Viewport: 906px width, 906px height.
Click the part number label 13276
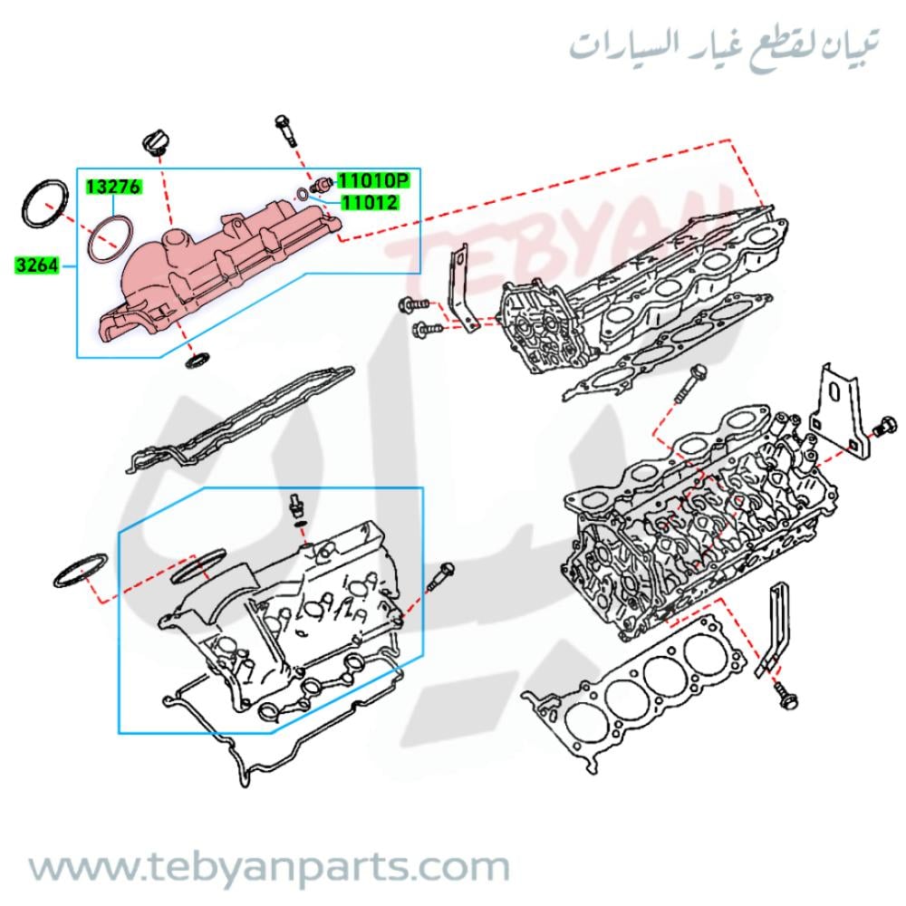[114, 187]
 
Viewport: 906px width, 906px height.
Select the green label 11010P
[372, 181]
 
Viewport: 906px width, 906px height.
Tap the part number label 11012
[370, 202]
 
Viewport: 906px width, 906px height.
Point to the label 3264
[37, 265]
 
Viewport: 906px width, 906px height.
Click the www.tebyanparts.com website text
[269, 868]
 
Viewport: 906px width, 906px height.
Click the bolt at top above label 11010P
[286, 131]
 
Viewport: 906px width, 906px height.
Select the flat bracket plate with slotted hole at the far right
[836, 410]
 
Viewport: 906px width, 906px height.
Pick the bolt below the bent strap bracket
[785, 696]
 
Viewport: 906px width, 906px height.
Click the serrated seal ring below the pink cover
[198, 359]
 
